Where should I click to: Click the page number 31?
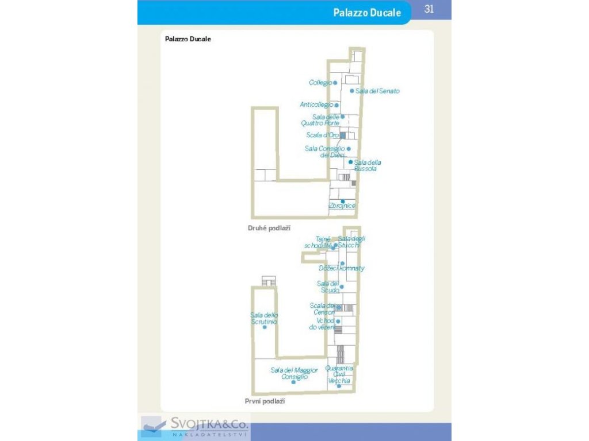[x=428, y=9]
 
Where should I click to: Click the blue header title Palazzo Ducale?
[x=367, y=13]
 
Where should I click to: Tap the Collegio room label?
[x=320, y=83]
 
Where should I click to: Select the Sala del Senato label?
[x=377, y=91]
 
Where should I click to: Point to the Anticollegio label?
[x=316, y=105]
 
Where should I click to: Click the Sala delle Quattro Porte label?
[x=320, y=120]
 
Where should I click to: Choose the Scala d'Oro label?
[x=323, y=136]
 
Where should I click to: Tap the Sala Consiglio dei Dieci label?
[x=325, y=152]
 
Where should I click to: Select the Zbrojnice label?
[x=342, y=206]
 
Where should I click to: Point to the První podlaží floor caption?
[x=265, y=401]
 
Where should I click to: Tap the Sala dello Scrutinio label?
[x=265, y=318]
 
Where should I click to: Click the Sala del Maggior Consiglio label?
[x=294, y=373]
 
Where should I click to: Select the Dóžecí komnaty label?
[x=342, y=268]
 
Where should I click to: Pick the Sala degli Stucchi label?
[x=351, y=242]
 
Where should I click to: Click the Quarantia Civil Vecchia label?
[x=339, y=374]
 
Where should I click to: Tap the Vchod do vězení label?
[x=325, y=323]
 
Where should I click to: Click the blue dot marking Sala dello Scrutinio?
[x=265, y=327]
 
